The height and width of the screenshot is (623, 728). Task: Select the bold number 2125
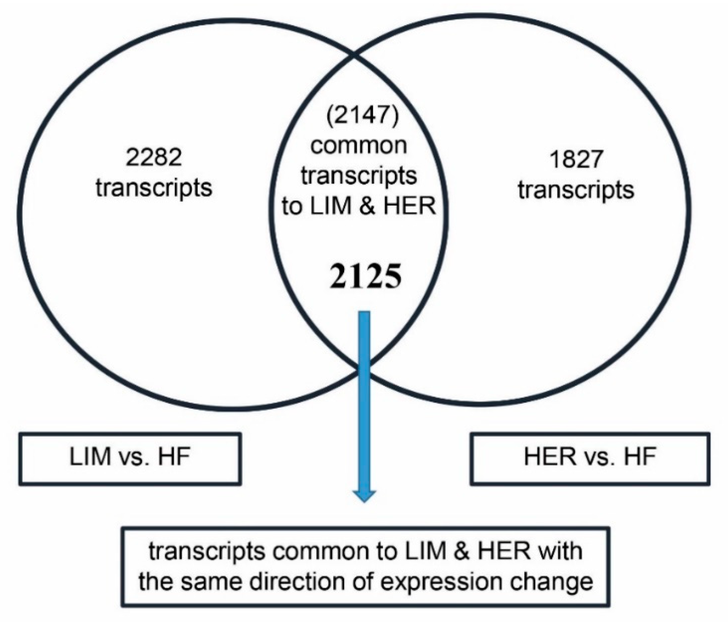pyautogui.click(x=365, y=276)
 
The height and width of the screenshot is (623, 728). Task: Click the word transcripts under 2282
pyautogui.click(x=154, y=188)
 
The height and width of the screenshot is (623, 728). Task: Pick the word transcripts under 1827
pyautogui.click(x=576, y=191)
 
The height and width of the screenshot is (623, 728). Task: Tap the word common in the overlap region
pyautogui.click(x=358, y=146)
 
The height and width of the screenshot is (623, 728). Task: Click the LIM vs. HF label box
pyautogui.click(x=130, y=459)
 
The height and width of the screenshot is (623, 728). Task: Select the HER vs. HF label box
pyautogui.click(x=590, y=459)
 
